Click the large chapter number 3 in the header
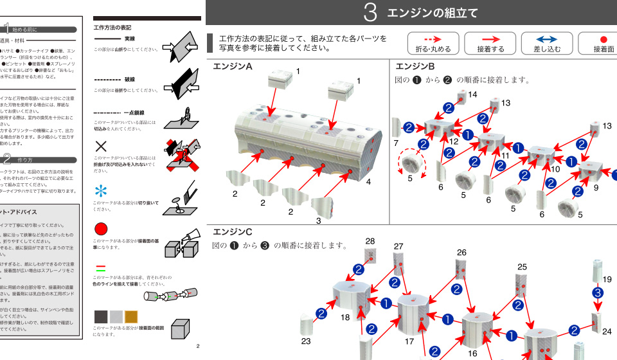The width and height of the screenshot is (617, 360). [370, 13]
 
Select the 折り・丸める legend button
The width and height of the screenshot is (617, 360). [433, 44]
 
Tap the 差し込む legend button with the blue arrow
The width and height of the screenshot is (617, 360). [546, 44]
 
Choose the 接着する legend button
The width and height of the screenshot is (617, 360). [490, 44]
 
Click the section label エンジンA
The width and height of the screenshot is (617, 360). [232, 67]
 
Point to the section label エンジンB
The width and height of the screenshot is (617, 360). [415, 67]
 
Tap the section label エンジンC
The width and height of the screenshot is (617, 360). [232, 231]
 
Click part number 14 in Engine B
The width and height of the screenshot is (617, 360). [472, 94]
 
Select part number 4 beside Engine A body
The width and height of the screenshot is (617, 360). [368, 182]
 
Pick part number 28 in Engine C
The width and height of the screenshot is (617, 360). [370, 241]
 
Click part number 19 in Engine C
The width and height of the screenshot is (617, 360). [607, 279]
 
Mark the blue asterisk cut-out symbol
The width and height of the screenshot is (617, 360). [101, 191]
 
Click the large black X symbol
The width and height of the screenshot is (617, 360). [101, 146]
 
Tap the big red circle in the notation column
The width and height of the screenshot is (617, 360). [101, 230]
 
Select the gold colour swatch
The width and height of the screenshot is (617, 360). [131, 316]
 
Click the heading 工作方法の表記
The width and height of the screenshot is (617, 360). [112, 28]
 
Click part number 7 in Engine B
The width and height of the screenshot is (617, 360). [397, 142]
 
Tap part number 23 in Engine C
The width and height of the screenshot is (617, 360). [306, 341]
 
